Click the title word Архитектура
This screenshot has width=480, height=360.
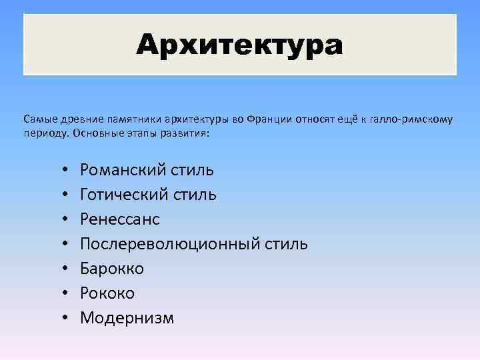click(x=240, y=45)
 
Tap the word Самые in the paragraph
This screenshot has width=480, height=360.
click(x=39, y=120)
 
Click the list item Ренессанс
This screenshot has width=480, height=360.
click(x=120, y=219)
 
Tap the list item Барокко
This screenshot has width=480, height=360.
click(x=112, y=269)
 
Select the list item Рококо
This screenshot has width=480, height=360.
click(x=107, y=293)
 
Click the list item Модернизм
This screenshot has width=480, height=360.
click(x=127, y=318)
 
